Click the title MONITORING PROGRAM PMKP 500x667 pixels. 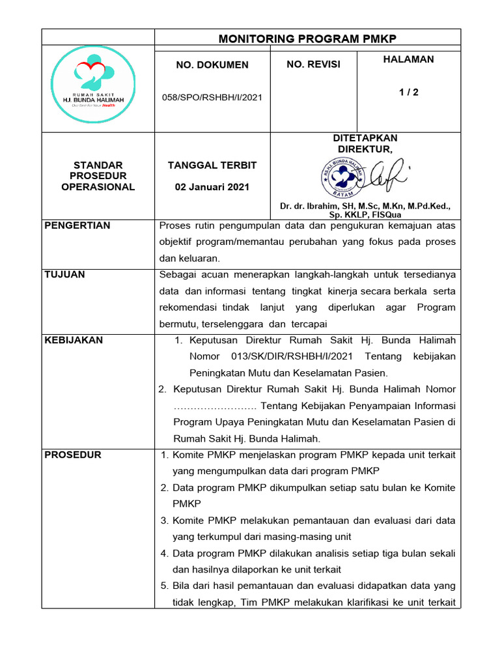click(x=307, y=38)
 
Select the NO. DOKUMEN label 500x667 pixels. click(x=212, y=64)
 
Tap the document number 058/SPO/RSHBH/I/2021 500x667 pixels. click(x=212, y=97)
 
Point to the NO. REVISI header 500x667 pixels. click(x=313, y=64)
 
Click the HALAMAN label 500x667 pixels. click(x=408, y=59)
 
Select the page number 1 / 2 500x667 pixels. click(x=409, y=92)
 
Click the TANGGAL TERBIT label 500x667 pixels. click(x=212, y=165)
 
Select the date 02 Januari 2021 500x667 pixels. click(x=212, y=187)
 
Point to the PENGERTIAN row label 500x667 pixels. click(x=77, y=225)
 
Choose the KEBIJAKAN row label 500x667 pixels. click(x=73, y=340)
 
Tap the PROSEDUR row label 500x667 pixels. click(x=72, y=455)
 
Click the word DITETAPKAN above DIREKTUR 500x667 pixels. click(x=365, y=138)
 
